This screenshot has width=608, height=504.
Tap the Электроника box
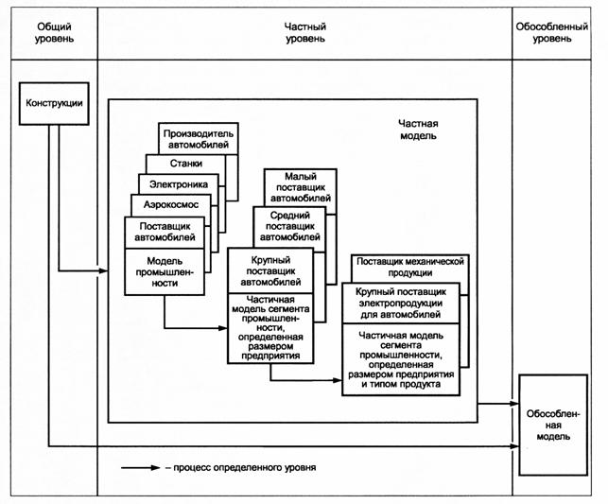pyautogui.click(x=180, y=183)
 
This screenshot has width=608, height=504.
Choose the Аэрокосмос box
pyautogui.click(x=171, y=204)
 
